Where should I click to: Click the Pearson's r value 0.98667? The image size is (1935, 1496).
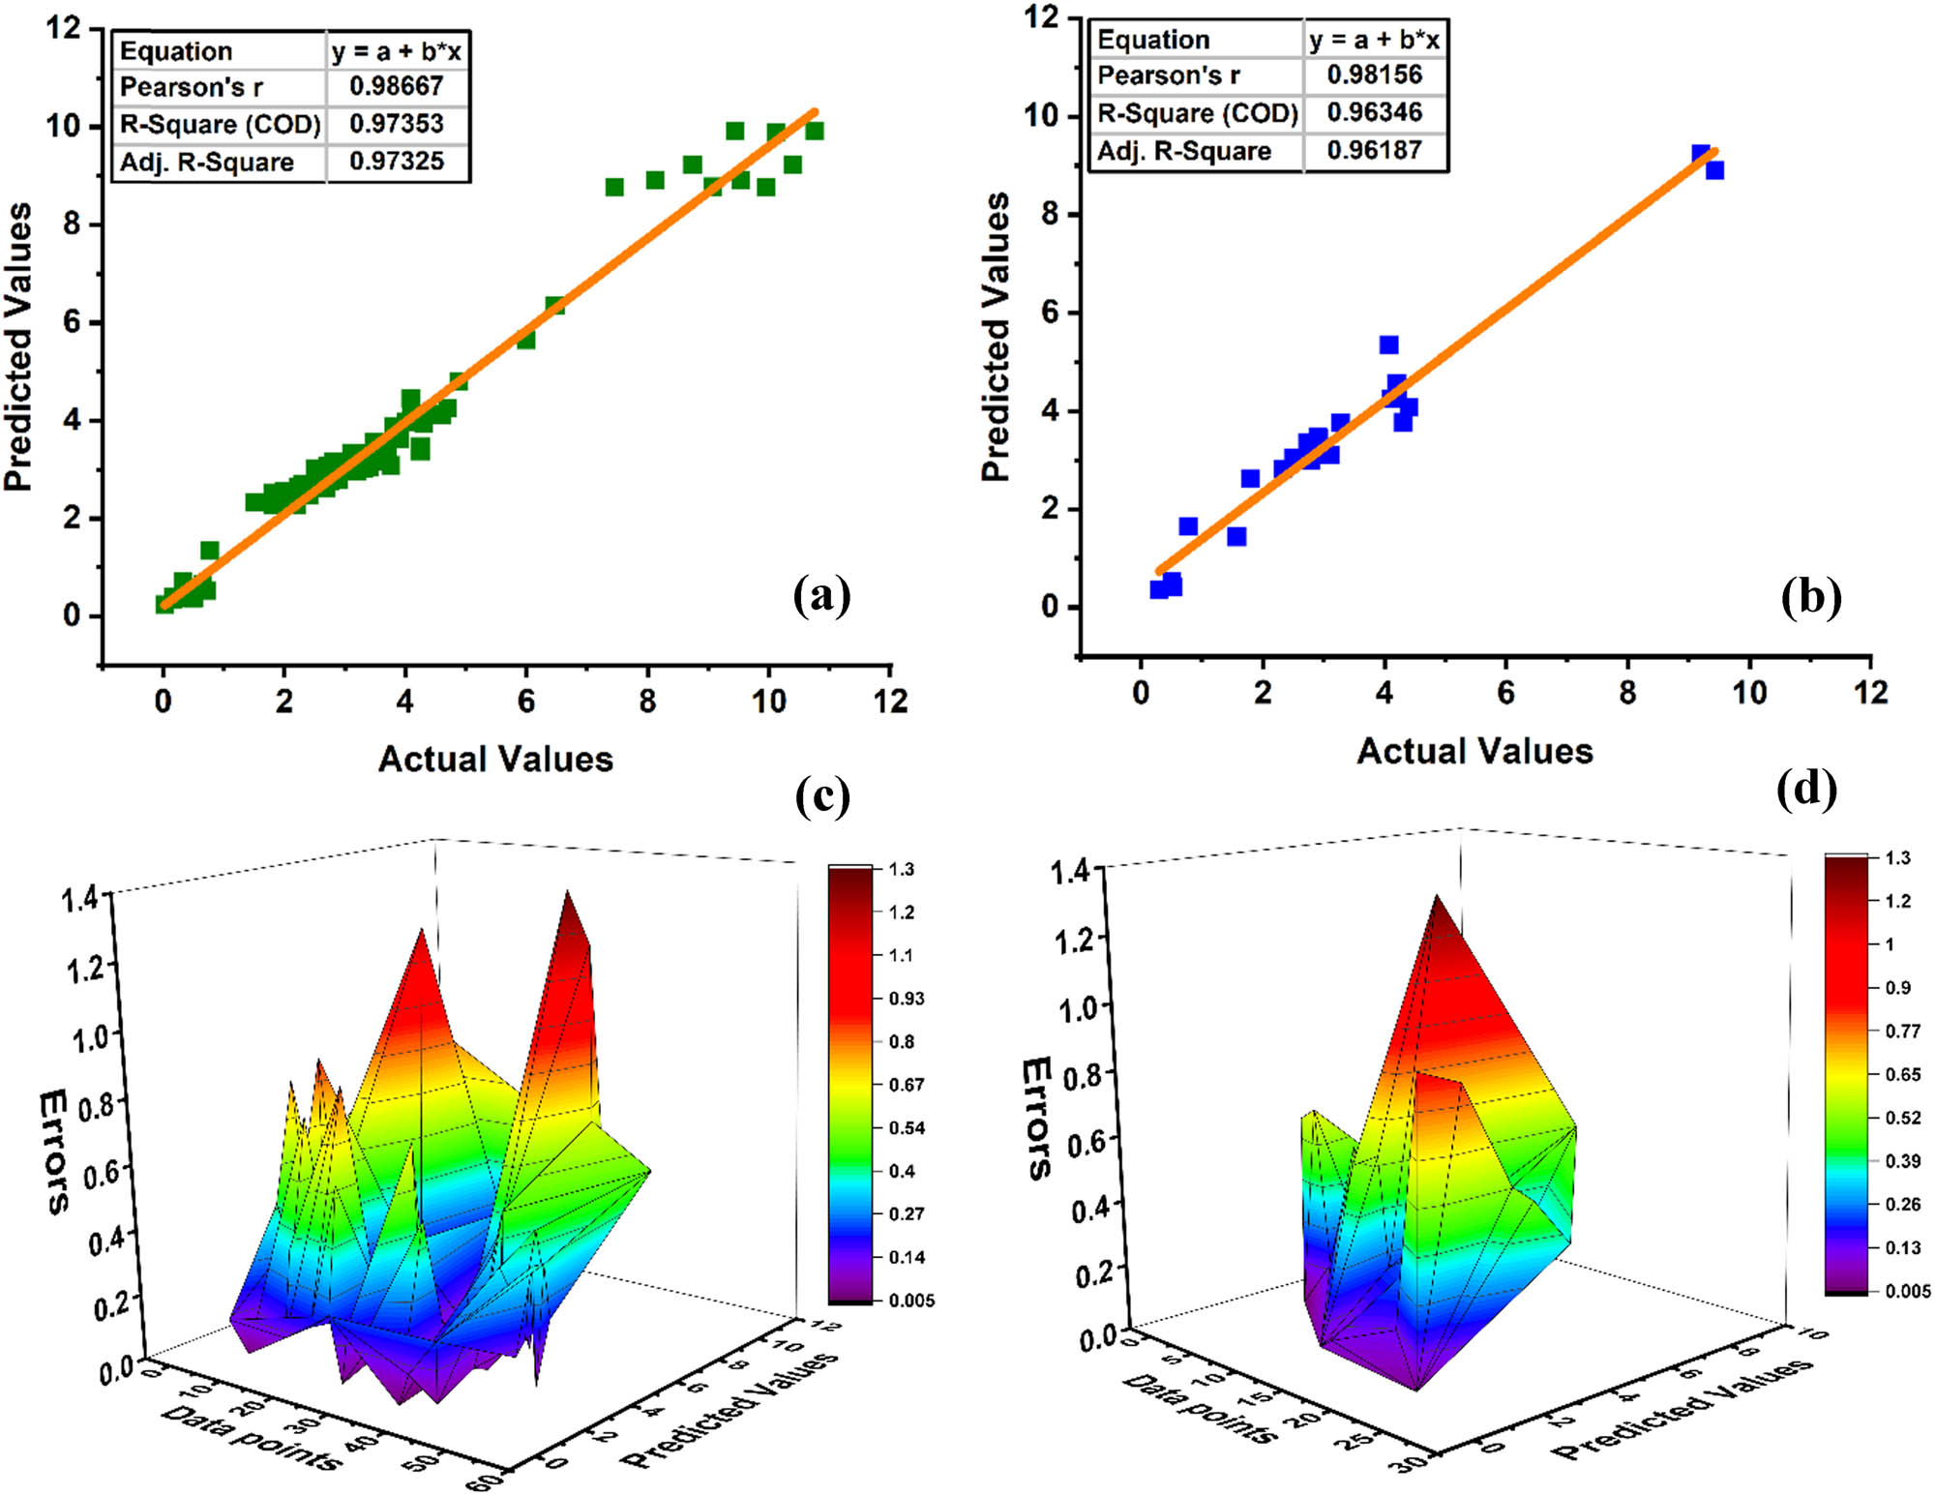pyautogui.click(x=397, y=86)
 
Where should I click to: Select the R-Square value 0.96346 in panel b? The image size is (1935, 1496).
pyautogui.click(x=1375, y=112)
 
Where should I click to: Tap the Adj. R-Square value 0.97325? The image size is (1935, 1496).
pyautogui.click(x=397, y=161)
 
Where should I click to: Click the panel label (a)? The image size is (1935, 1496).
pyautogui.click(x=821, y=594)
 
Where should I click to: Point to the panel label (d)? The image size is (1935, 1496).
pyautogui.click(x=1806, y=788)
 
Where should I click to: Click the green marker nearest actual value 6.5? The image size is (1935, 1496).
pyautogui.click(x=554, y=306)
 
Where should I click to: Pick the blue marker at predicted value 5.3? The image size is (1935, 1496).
pyautogui.click(x=1389, y=345)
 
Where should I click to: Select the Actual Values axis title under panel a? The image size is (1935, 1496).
pyautogui.click(x=495, y=760)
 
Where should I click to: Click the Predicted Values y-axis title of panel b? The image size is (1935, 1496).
pyautogui.click(x=996, y=337)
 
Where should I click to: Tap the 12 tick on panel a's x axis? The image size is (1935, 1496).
pyautogui.click(x=890, y=701)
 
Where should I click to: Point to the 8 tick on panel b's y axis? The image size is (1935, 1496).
pyautogui.click(x=1051, y=214)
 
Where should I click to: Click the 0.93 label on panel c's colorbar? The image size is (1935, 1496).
pyautogui.click(x=907, y=999)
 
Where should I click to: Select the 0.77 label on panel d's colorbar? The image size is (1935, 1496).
pyautogui.click(x=1903, y=1032)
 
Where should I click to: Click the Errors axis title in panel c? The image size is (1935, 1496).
pyautogui.click(x=54, y=1152)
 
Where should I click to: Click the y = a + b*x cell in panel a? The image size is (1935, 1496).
pyautogui.click(x=397, y=51)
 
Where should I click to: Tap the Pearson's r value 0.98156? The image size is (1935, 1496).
pyautogui.click(x=1375, y=75)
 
